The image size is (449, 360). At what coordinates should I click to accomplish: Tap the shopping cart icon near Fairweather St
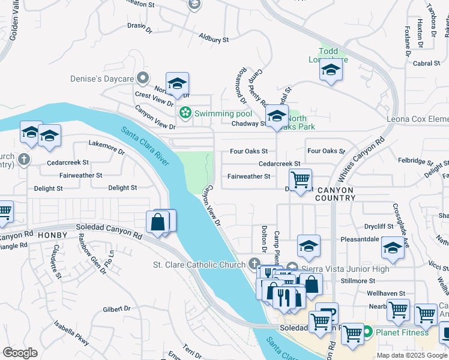(x=300, y=179)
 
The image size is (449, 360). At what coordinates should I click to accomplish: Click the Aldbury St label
(x=215, y=38)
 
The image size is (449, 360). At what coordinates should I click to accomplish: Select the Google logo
(x=20, y=353)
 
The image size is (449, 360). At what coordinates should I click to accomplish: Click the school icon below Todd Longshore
(x=331, y=71)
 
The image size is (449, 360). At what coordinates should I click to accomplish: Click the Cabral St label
(x=427, y=63)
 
